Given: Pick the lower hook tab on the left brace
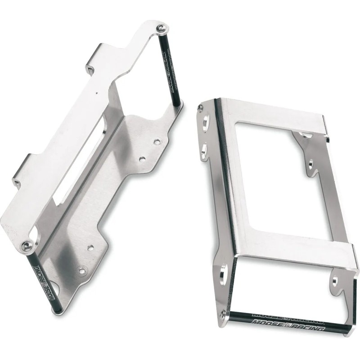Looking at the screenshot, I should click(22, 169).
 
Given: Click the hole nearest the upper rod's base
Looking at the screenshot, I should click(157, 142).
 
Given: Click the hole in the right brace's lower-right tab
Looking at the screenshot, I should click(335, 284).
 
